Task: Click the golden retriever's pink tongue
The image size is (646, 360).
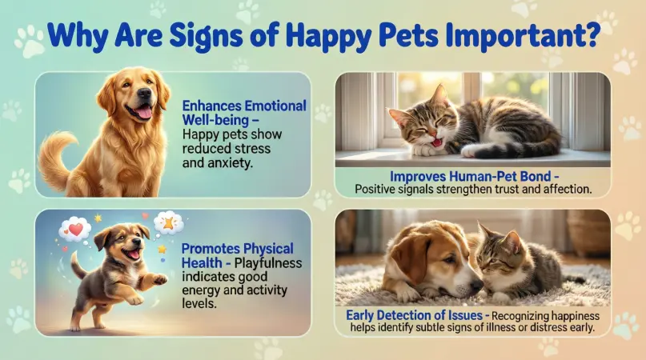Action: coord(145,113)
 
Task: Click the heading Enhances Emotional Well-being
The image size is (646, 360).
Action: coord(243,113)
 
